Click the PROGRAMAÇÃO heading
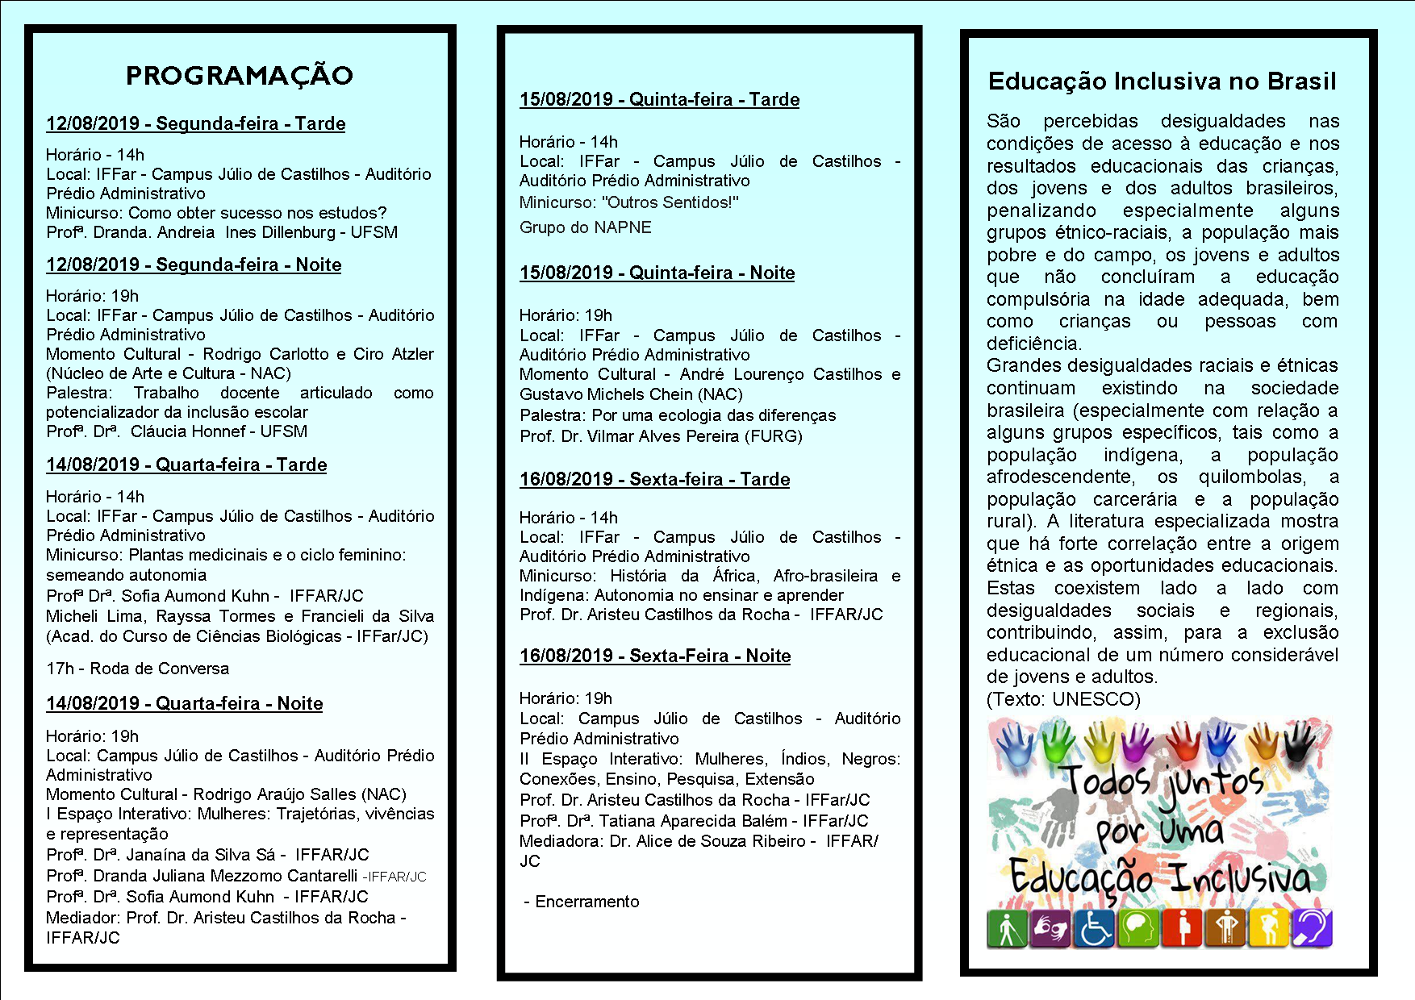[x=240, y=76]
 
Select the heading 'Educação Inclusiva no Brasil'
[x=1162, y=81]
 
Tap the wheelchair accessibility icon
[x=1095, y=927]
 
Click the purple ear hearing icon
[x=1312, y=927]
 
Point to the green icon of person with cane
[x=1006, y=927]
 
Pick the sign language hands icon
[x=1050, y=927]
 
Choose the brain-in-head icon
[x=1138, y=927]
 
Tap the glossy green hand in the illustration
[x=1058, y=743]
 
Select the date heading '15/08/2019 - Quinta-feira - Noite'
[x=657, y=273]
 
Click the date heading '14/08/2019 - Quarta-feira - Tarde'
[x=186, y=465]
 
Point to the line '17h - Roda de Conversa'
[x=137, y=669]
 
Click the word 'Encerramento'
[x=586, y=902]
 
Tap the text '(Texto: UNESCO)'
[x=1063, y=699]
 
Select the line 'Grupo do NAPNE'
[x=585, y=227]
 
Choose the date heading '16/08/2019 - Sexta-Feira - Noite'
[x=655, y=656]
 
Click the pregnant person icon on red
[x=1182, y=927]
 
